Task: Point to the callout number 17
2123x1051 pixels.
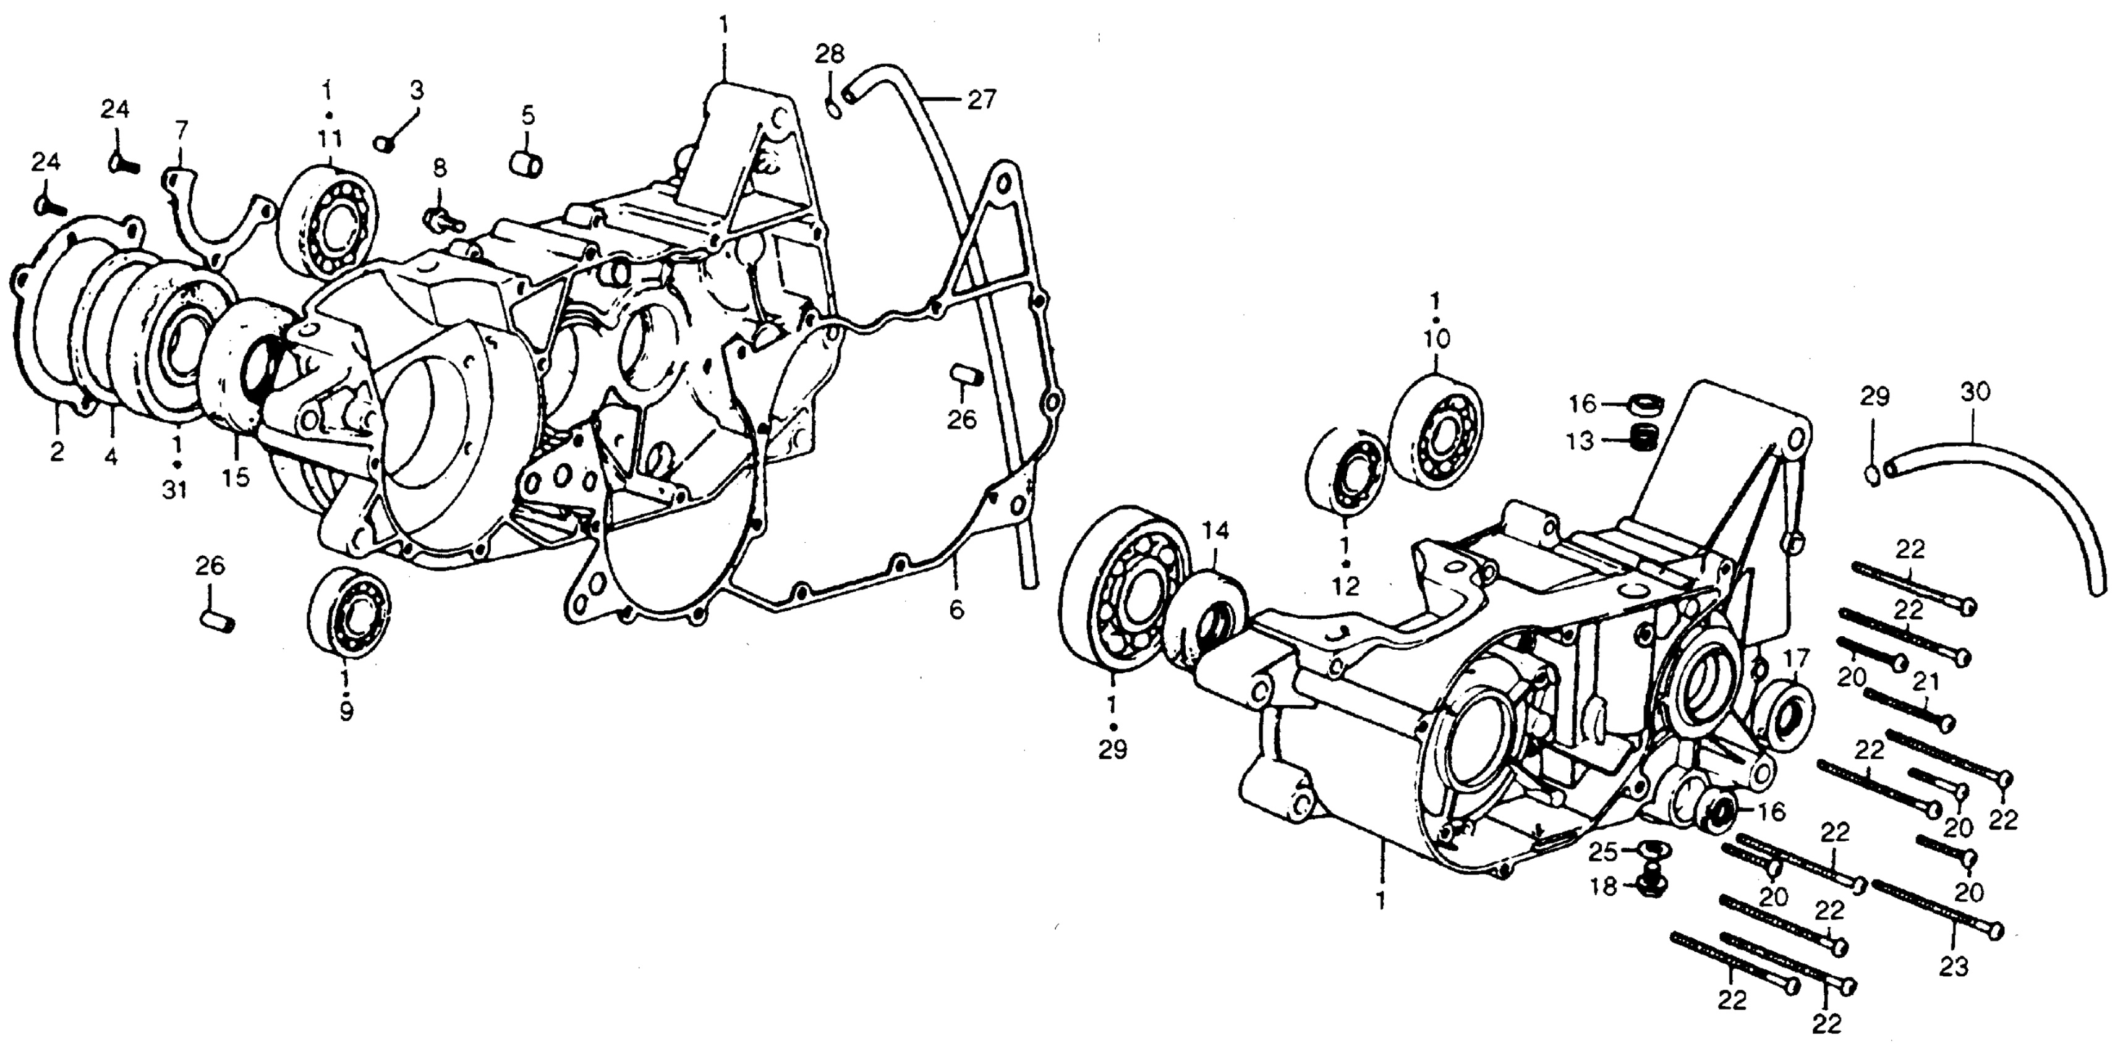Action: tap(1795, 660)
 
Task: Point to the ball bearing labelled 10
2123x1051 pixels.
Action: tap(1435, 431)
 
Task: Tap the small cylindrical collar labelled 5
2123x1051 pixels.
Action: tap(525, 163)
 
